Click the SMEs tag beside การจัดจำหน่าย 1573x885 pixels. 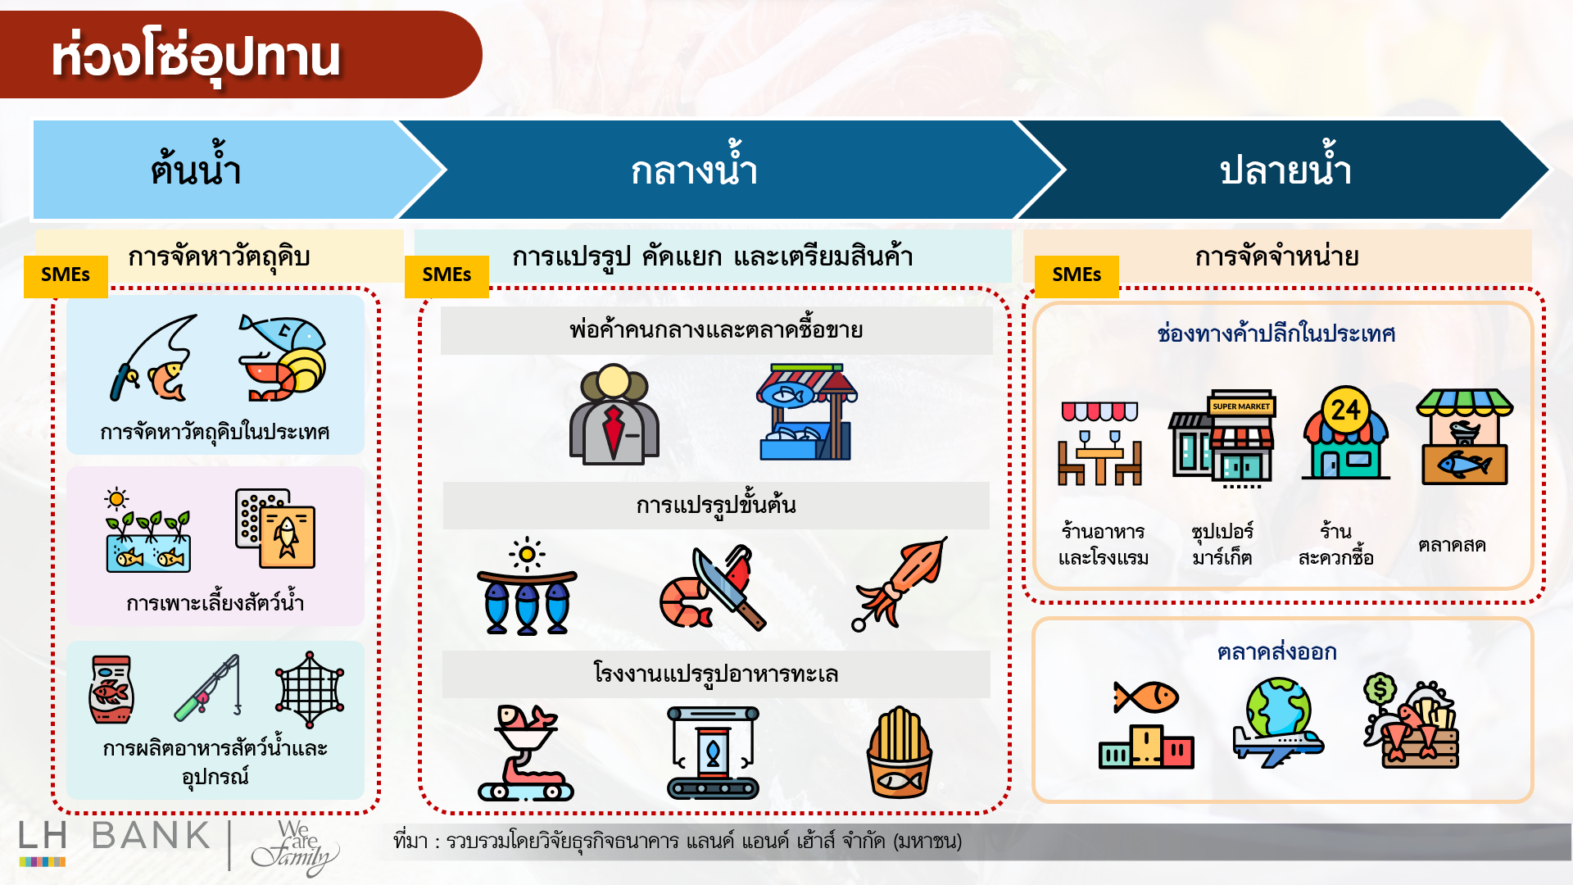tap(1076, 275)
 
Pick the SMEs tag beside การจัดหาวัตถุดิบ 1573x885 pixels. tap(66, 275)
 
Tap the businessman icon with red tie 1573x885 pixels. tap(614, 415)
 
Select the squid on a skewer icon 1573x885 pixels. tap(900, 583)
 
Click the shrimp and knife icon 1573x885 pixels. tap(712, 587)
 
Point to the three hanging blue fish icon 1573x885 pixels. tap(527, 587)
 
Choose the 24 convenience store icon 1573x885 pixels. tap(1345, 434)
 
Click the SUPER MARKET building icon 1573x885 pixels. tap(1222, 438)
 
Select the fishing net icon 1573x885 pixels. tap(310, 689)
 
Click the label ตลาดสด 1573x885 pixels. tap(1451, 545)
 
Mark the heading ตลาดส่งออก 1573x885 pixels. tap(1276, 652)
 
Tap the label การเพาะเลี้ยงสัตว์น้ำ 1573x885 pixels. tap(215, 603)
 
